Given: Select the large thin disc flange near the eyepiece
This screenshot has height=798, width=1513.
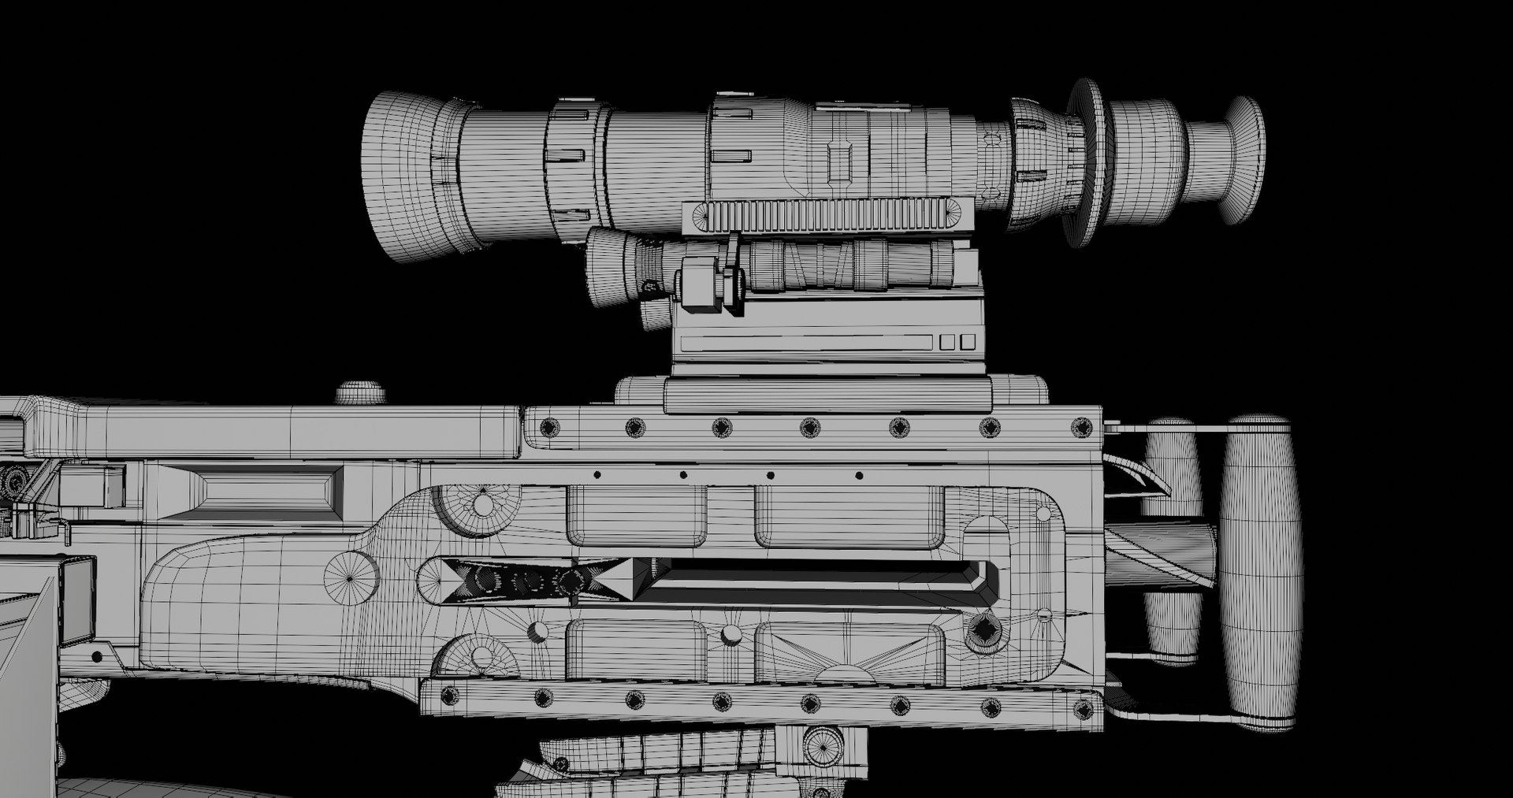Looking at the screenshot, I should [1086, 161].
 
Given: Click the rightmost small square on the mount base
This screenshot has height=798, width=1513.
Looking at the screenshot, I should [968, 342].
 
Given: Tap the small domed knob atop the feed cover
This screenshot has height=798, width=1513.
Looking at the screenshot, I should [361, 392].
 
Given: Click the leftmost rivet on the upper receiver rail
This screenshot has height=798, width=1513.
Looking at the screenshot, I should [546, 427].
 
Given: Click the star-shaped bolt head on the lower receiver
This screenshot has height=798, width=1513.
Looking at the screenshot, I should [984, 631].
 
